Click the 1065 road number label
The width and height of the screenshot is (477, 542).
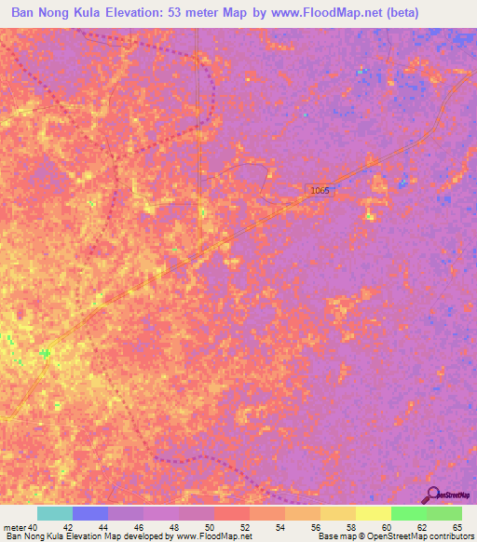(320, 190)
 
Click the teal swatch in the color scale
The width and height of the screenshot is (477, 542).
(54, 513)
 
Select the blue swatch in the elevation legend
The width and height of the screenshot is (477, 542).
(89, 513)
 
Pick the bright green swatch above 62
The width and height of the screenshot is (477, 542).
(408, 513)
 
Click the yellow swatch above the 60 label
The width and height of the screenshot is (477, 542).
(373, 513)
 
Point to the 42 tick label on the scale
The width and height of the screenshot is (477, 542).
(67, 528)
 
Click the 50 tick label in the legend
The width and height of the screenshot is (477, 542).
(209, 528)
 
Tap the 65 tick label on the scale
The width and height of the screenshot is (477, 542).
(457, 528)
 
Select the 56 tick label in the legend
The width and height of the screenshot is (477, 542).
(315, 528)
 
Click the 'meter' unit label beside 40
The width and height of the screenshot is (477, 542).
(15, 528)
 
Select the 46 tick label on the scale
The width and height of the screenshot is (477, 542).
(138, 528)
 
